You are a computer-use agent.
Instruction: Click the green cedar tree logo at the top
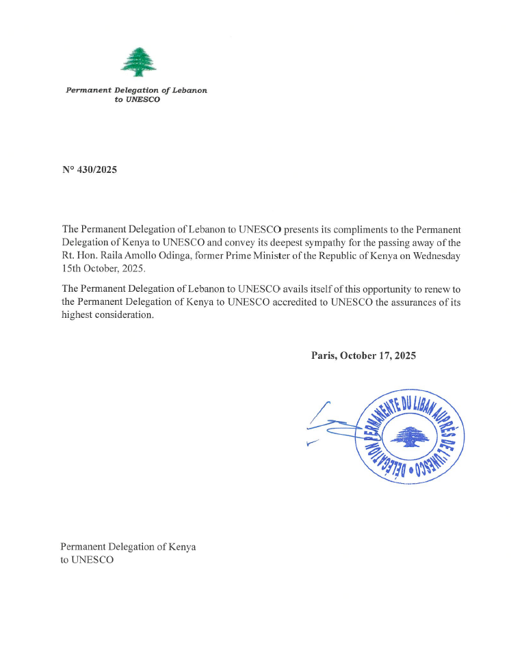[139, 61]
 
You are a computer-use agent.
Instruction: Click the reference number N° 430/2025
[90, 170]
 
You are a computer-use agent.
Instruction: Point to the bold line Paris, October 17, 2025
[363, 355]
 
